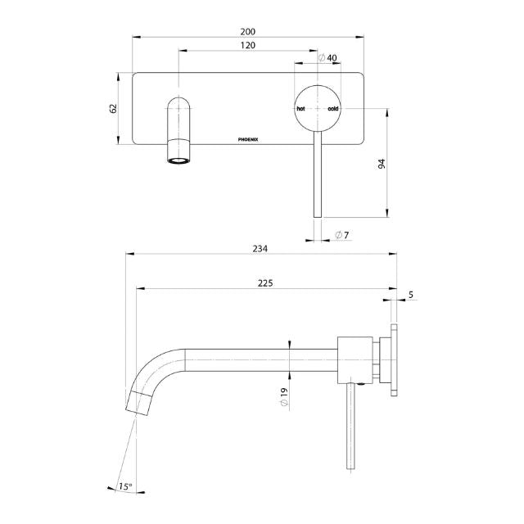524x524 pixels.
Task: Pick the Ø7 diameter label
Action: pos(343,236)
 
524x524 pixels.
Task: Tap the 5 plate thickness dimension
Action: pos(410,294)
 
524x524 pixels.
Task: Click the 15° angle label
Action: pos(124,486)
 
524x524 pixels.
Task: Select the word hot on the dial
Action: pos(301,108)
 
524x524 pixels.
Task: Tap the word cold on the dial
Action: pos(333,108)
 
